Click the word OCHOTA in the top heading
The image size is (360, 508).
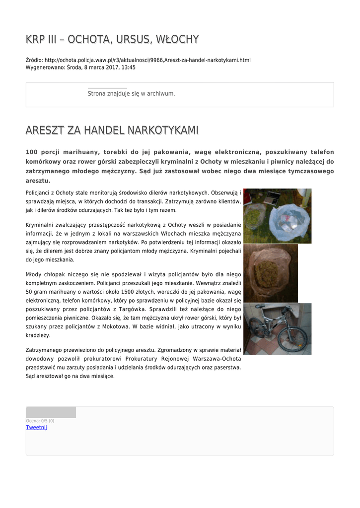[87, 39]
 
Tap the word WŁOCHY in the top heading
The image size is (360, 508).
[177, 39]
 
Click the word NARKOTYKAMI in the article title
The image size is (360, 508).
[163, 130]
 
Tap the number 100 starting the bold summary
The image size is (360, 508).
[32, 152]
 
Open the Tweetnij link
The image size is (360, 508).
[36, 427]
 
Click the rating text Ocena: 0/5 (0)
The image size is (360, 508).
[40, 421]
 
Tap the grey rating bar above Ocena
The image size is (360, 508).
[51, 412]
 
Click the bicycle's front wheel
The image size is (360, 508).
[292, 338]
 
